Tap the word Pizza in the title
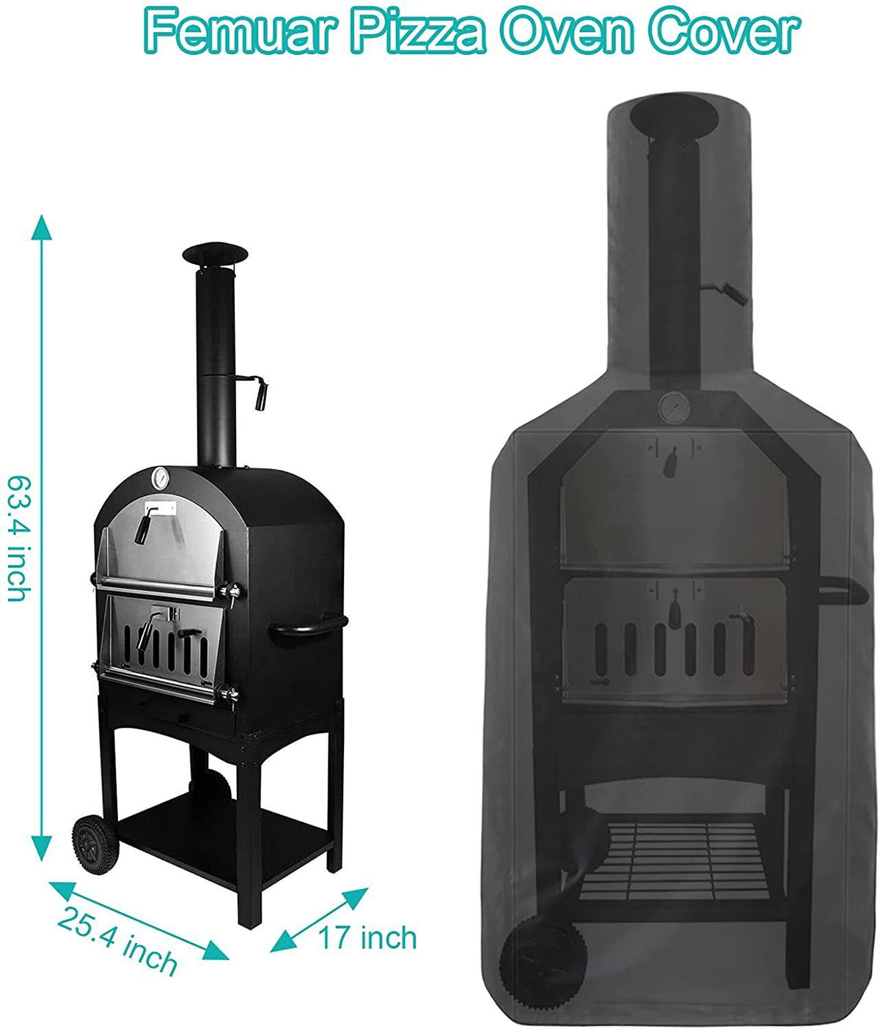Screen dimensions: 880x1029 coord(417,31)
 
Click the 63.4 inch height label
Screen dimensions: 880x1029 coord(19,539)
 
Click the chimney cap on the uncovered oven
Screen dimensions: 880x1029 coord(215,254)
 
